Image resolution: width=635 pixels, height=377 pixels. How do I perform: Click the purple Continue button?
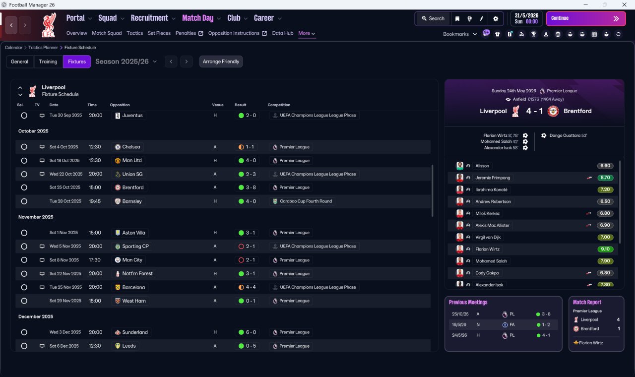[586, 18]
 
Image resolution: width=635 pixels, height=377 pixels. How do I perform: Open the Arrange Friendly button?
[221, 62]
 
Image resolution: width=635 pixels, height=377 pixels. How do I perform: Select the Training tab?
[48, 62]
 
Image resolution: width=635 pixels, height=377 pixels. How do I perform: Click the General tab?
[19, 62]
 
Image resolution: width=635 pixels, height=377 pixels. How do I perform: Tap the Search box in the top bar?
[433, 18]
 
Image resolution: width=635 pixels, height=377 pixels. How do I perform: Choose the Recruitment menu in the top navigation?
[149, 18]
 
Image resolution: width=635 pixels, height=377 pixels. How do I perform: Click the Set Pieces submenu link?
[159, 33]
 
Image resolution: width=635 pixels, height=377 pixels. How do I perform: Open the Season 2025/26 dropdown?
[126, 62]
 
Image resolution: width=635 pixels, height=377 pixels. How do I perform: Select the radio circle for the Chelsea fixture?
[24, 147]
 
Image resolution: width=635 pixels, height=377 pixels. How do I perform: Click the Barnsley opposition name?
[132, 201]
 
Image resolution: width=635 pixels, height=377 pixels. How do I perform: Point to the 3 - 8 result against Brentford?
[251, 188]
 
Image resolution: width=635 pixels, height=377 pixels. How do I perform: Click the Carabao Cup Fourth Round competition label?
[306, 201]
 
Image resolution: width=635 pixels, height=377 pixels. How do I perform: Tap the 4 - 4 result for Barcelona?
[251, 287]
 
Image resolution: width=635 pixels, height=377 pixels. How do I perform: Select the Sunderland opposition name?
[135, 332]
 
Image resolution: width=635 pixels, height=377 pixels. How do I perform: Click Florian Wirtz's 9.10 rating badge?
[605, 249]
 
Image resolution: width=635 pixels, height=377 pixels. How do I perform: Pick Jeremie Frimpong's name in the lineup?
[493, 178]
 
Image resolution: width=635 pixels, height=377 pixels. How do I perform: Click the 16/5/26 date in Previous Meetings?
[459, 324]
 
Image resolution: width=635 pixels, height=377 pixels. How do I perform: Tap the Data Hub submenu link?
[283, 33]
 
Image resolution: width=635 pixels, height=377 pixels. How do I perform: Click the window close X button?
[624, 4]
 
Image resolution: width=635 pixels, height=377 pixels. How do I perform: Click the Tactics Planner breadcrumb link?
[43, 48]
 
